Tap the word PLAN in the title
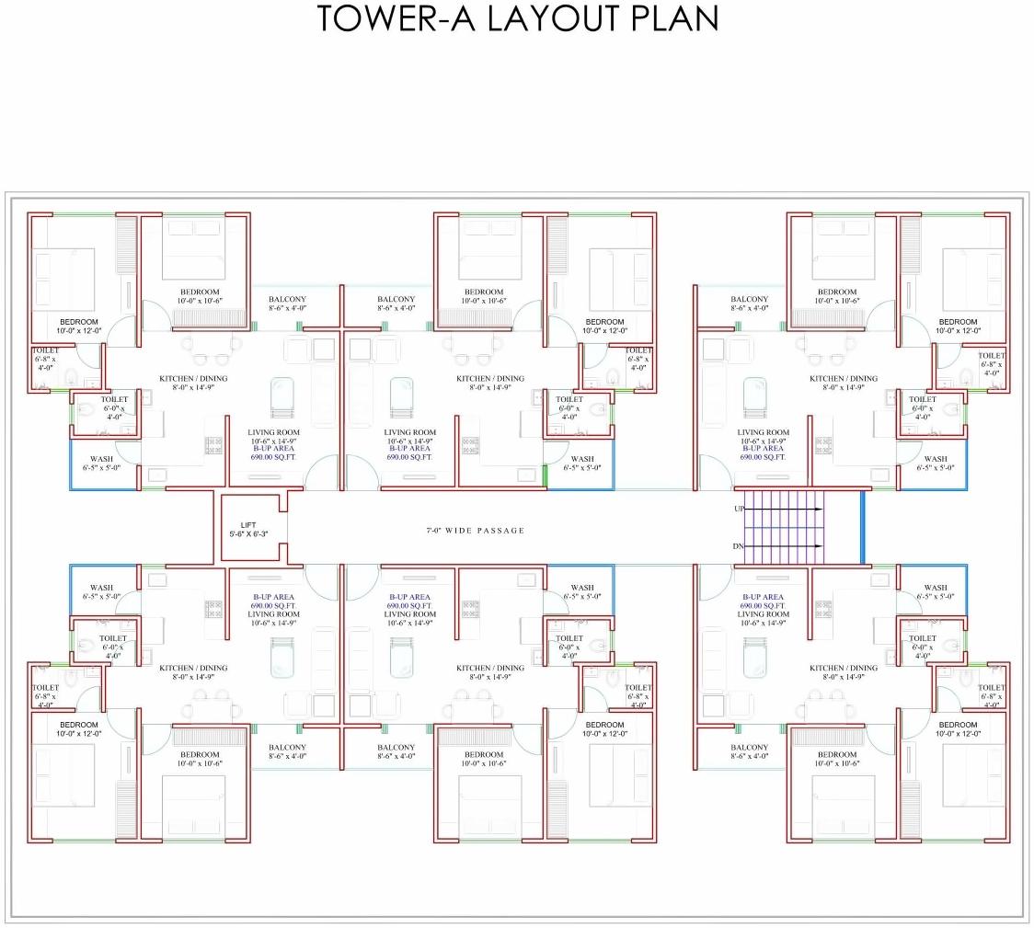pos(675,18)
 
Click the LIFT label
pos(249,525)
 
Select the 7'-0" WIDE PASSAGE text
pos(475,531)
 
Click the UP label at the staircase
pos(739,509)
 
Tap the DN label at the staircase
pos(739,546)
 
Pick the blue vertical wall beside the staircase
pos(862,527)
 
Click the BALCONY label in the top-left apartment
pos(287,300)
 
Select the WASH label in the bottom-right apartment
pos(935,588)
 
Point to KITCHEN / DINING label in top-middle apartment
pos(490,378)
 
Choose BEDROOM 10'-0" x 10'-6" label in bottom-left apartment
pos(200,754)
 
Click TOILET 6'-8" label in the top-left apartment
pos(45,351)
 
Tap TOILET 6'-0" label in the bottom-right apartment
pos(923,638)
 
